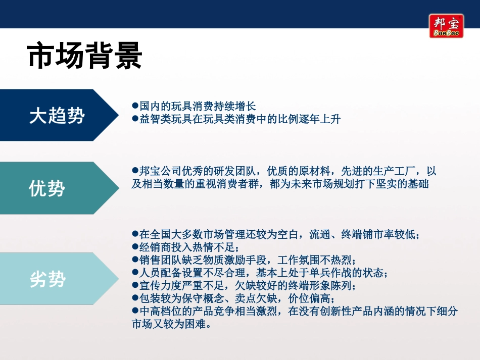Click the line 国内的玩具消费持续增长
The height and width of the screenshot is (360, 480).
pos(197,107)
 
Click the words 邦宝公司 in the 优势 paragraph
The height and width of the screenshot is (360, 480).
pos(156,171)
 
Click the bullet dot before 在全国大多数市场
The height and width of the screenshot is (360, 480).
pos(135,234)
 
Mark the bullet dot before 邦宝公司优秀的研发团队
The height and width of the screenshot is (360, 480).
pos(135,171)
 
